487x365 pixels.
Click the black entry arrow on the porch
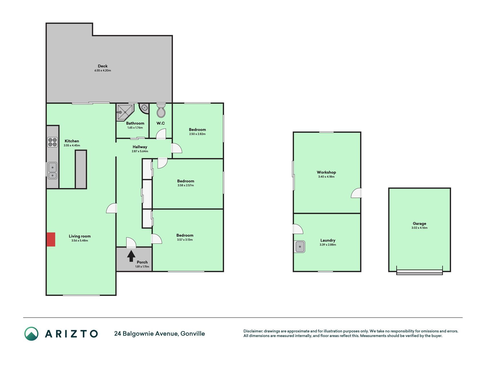coord(131,256)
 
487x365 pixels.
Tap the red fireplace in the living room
coord(51,239)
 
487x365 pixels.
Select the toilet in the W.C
coord(161,110)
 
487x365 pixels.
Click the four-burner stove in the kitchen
coord(52,142)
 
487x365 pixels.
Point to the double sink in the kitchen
coord(52,171)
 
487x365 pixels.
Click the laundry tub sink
coord(300,247)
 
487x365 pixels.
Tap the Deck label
coord(103,66)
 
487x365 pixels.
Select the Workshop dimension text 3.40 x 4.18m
coord(326,177)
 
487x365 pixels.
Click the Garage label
coord(419,224)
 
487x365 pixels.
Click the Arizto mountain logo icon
coord(31,334)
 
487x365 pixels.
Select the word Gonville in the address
coord(193,334)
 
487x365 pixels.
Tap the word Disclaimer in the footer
coord(253,331)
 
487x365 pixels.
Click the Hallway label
coord(140,147)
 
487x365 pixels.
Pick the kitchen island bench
coord(81,169)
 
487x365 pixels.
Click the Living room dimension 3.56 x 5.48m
coord(80,241)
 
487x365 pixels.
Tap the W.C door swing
coord(161,134)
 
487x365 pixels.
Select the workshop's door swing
coord(356,193)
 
